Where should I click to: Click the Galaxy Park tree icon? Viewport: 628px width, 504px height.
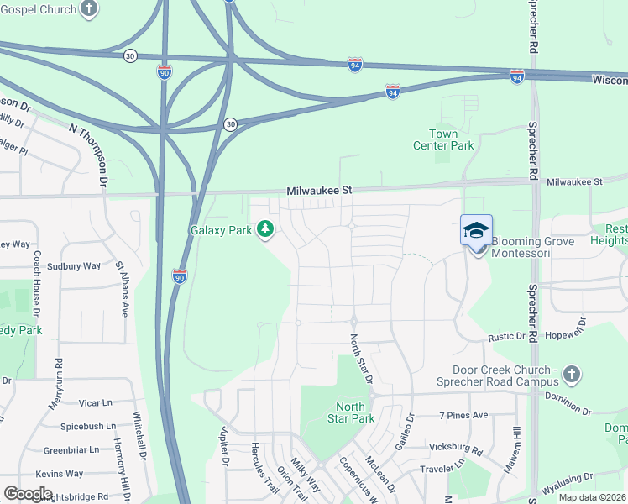point(265,229)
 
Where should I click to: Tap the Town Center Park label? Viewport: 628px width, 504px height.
point(443,139)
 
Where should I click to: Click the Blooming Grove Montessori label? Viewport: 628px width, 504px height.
point(532,247)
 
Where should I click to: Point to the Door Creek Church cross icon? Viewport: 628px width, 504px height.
point(572,373)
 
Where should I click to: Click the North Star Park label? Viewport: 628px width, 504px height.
point(349,412)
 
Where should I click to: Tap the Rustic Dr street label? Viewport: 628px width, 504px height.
point(508,337)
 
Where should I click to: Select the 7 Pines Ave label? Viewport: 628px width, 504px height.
point(463,415)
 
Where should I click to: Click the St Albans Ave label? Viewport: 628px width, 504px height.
point(123,288)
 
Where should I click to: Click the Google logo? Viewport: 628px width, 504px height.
point(28,494)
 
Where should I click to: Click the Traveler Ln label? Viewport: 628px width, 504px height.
point(442,465)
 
